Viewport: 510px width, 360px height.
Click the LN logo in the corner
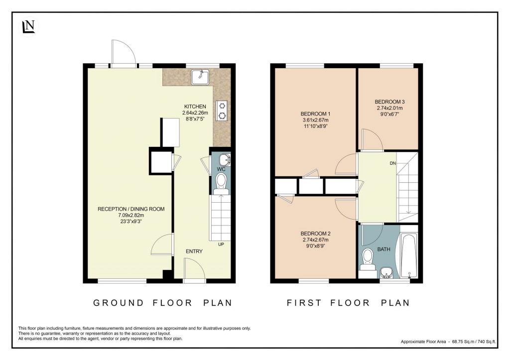pyautogui.click(x=28, y=27)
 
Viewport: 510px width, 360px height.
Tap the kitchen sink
pyautogui.click(x=202, y=77)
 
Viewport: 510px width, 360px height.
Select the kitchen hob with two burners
pyautogui.click(x=221, y=111)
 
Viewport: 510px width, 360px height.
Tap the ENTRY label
pyautogui.click(x=194, y=251)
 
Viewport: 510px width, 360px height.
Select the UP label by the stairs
pyautogui.click(x=221, y=244)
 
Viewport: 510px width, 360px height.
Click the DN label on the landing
pyautogui.click(x=393, y=163)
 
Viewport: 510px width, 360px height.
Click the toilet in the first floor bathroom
pyautogui.click(x=368, y=259)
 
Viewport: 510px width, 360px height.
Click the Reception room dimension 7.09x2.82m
pyautogui.click(x=131, y=215)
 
